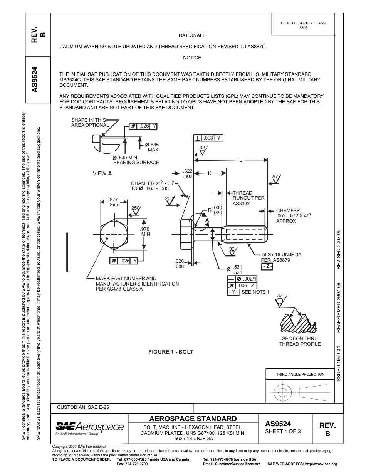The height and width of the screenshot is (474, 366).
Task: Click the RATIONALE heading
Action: click(192, 35)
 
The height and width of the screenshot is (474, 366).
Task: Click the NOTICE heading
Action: click(192, 58)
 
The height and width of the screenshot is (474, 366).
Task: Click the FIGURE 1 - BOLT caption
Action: click(171, 352)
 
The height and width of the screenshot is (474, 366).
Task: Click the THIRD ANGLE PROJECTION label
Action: click(300, 374)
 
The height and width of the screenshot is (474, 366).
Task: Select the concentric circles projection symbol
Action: click(283, 393)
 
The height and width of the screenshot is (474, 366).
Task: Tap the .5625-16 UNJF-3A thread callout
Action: click(281, 255)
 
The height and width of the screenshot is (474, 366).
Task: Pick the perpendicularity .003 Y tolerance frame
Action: click(208, 138)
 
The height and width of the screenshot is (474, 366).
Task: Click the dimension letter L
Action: click(241, 160)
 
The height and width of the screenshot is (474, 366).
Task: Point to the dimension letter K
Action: click(210, 173)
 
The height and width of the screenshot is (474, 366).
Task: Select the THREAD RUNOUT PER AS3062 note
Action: click(248, 198)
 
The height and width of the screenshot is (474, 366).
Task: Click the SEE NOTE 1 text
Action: click(255, 292)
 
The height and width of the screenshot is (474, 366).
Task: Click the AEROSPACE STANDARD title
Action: click(193, 419)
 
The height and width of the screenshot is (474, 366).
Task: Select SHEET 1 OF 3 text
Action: click(283, 431)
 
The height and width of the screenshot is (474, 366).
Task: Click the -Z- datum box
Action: click(267, 267)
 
